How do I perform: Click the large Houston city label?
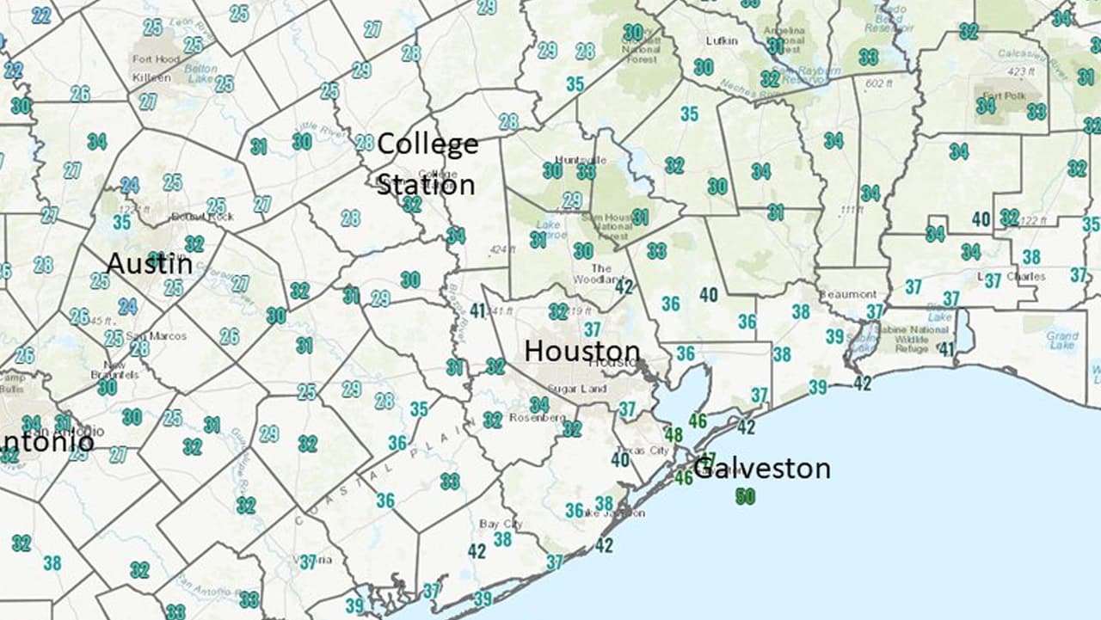coord(582,351)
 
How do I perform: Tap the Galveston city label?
coord(762,469)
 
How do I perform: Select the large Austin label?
coord(149,263)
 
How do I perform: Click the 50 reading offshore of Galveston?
coord(745,496)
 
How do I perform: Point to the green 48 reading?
coord(674,435)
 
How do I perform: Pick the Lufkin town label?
coord(698,40)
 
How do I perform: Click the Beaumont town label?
coord(847,294)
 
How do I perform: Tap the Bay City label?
coord(501,524)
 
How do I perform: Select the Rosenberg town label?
coord(537,418)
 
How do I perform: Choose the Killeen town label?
coord(151,77)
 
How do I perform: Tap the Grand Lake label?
coord(1062,342)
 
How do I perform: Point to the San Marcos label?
coord(145,335)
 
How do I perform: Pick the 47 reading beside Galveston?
coord(708,458)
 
